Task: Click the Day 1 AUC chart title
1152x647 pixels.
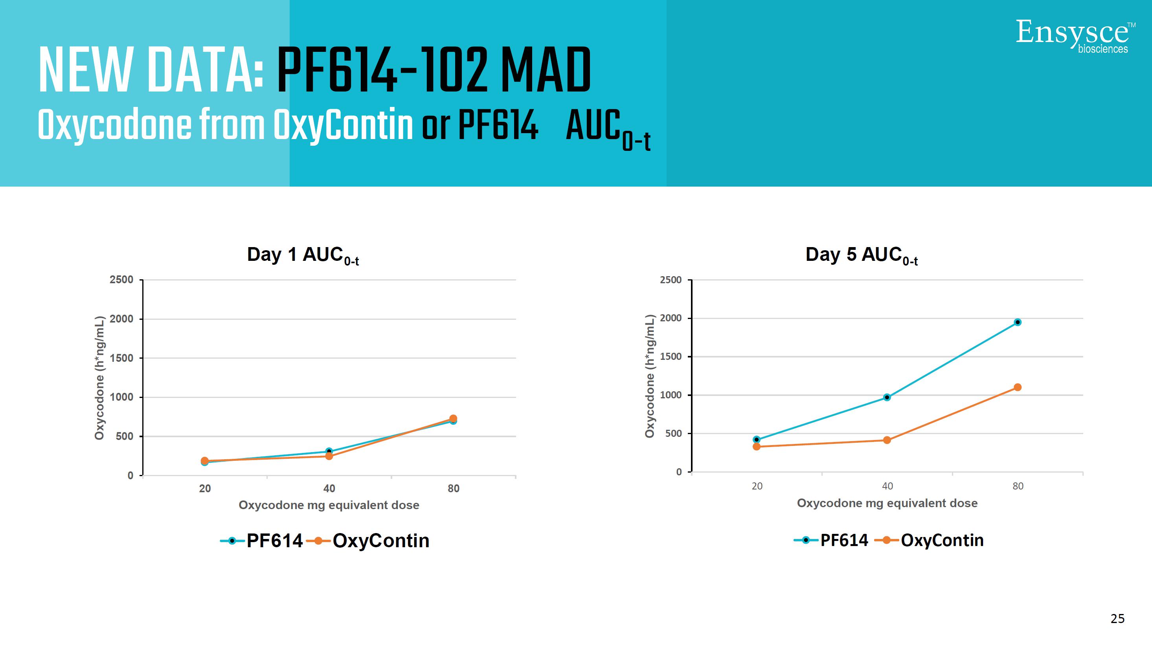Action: pos(303,255)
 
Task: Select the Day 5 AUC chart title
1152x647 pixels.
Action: pos(861,255)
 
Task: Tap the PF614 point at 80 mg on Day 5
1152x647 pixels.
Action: pos(1018,322)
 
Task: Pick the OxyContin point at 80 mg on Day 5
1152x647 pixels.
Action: pos(1018,387)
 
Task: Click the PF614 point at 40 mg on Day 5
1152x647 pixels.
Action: pos(887,397)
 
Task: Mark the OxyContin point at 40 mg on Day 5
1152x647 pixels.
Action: pos(887,440)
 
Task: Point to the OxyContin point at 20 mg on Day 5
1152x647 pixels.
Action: pos(757,446)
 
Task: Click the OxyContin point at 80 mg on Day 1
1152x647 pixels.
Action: pos(453,419)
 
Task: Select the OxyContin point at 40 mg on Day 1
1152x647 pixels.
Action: pos(329,456)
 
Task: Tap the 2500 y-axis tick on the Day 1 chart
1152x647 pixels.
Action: pos(121,280)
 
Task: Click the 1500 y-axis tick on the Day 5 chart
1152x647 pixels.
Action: pos(671,357)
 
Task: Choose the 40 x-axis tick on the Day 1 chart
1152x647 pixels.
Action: pos(329,488)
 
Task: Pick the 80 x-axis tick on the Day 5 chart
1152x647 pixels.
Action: pos(1018,486)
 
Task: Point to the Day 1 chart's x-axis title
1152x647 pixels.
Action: pos(329,505)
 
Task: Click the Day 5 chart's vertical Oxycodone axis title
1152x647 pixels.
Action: pos(650,376)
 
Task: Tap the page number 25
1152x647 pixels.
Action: pos(1117,618)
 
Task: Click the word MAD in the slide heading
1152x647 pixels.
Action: pos(546,71)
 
